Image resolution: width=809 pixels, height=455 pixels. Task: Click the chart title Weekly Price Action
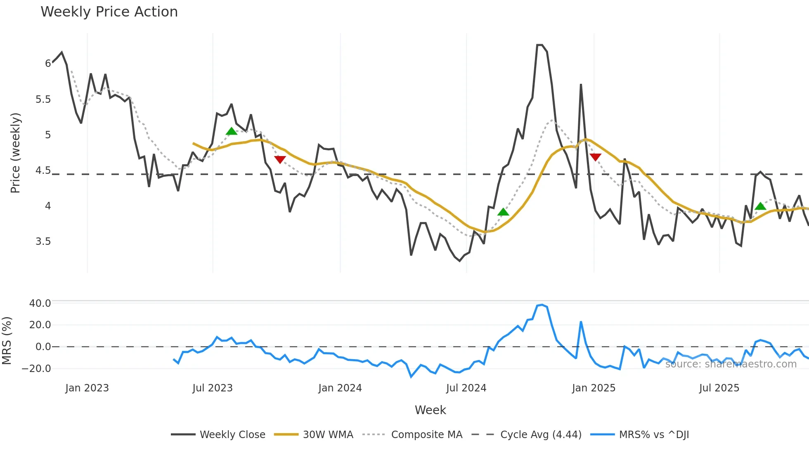109,12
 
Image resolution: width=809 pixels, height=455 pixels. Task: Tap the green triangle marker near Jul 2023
232,131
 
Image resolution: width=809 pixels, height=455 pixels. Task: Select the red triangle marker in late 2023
280,159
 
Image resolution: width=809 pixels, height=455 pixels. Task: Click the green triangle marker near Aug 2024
503,212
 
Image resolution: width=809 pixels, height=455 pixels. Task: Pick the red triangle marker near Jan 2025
595,157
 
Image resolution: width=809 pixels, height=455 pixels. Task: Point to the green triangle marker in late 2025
760,206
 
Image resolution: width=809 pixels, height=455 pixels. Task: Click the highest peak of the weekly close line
539,45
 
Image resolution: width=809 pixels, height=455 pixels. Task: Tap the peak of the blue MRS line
542,305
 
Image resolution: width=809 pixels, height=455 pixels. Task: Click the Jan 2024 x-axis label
340,388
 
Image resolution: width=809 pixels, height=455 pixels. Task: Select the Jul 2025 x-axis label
719,388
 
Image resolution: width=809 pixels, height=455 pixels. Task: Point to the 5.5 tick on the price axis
43,100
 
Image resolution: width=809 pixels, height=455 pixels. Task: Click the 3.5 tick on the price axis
43,242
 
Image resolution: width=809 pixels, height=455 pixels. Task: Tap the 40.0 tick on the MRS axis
40,303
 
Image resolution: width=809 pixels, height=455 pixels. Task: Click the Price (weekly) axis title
15,153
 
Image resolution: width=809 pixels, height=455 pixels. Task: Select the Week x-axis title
430,410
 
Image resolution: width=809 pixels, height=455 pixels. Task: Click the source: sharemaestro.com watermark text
731,364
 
